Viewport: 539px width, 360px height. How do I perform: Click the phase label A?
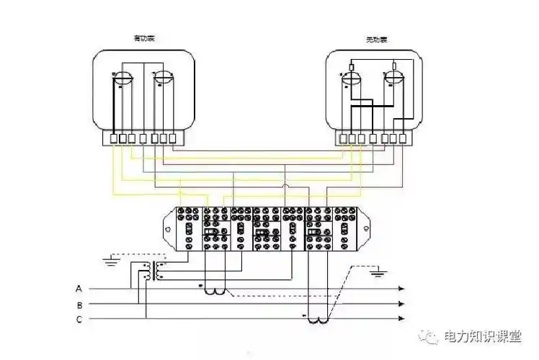coord(78,289)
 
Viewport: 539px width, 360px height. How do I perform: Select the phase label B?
coord(78,303)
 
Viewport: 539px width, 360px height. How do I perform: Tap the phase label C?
coord(78,318)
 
